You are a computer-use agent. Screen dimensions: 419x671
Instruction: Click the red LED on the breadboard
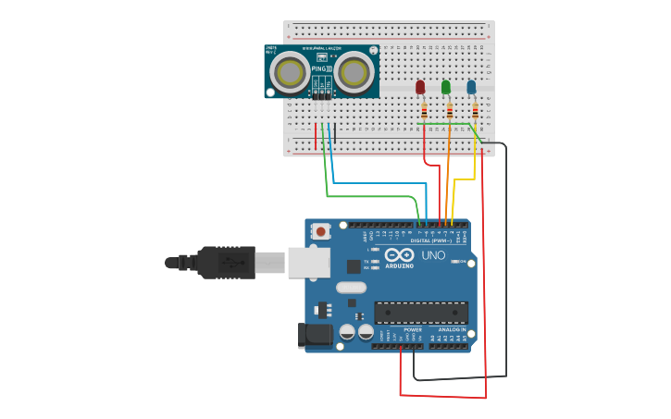pyautogui.click(x=420, y=87)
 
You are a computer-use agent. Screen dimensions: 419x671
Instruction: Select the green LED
pyautogui.click(x=446, y=87)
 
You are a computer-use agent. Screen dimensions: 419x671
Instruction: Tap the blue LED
pyautogui.click(x=471, y=87)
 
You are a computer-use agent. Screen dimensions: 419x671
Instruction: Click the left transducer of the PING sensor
pyautogui.click(x=292, y=71)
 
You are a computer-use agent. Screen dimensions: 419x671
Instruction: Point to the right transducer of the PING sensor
pyautogui.click(x=353, y=71)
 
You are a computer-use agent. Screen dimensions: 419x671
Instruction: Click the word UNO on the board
pyautogui.click(x=433, y=255)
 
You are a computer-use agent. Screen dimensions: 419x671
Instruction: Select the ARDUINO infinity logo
pyautogui.click(x=400, y=255)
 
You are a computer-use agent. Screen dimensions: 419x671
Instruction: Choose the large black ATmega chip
pyautogui.click(x=420, y=313)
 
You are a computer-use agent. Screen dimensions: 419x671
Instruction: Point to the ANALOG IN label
pyautogui.click(x=452, y=330)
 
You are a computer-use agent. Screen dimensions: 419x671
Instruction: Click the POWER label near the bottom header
pyautogui.click(x=413, y=330)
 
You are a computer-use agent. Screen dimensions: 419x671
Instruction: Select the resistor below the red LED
pyautogui.click(x=424, y=111)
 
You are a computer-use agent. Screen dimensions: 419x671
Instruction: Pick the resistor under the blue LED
pyautogui.click(x=476, y=111)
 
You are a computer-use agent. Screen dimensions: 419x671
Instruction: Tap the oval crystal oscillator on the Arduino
pyautogui.click(x=351, y=288)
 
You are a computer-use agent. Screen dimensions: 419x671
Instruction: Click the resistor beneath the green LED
pyautogui.click(x=450, y=111)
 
